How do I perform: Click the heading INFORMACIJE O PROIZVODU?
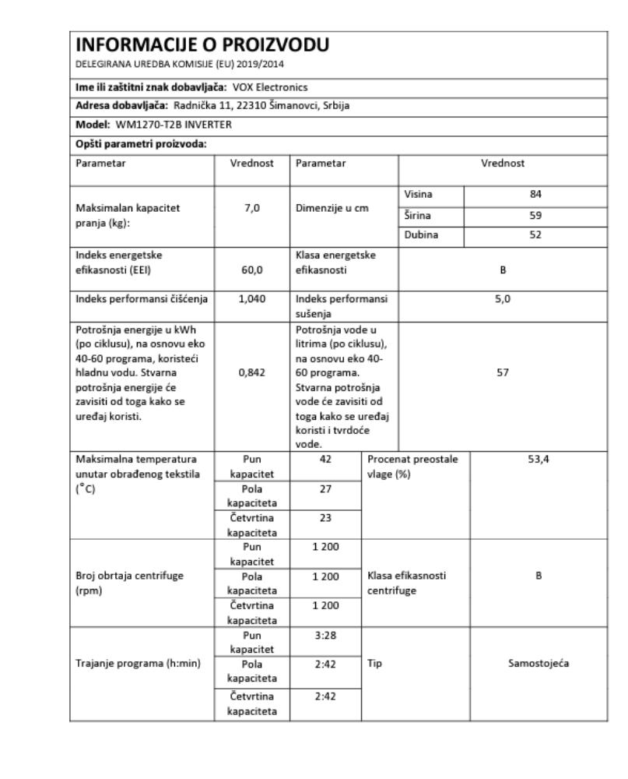pos(202,46)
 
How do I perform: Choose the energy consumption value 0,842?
pos(251,373)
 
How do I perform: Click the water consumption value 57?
pos(502,373)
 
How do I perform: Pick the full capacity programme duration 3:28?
pos(325,636)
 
